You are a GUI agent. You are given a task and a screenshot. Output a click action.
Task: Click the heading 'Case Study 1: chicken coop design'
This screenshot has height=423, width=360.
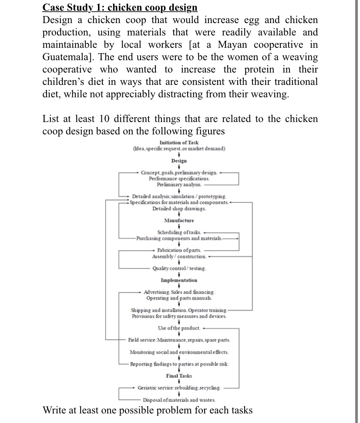[120, 8]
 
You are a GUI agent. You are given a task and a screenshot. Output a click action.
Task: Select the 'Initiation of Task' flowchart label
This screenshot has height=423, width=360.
[179, 142]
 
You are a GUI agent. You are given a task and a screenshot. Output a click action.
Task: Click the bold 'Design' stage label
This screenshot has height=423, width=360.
[179, 161]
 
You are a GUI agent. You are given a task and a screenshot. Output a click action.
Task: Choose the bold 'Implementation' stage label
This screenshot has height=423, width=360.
[179, 280]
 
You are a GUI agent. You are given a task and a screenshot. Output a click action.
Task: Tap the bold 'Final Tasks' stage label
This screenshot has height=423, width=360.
[179, 376]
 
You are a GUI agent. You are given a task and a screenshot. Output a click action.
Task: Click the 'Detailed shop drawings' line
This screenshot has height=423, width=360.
[179, 209]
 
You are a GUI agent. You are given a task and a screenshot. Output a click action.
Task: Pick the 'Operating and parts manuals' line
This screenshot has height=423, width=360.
[179, 298]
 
